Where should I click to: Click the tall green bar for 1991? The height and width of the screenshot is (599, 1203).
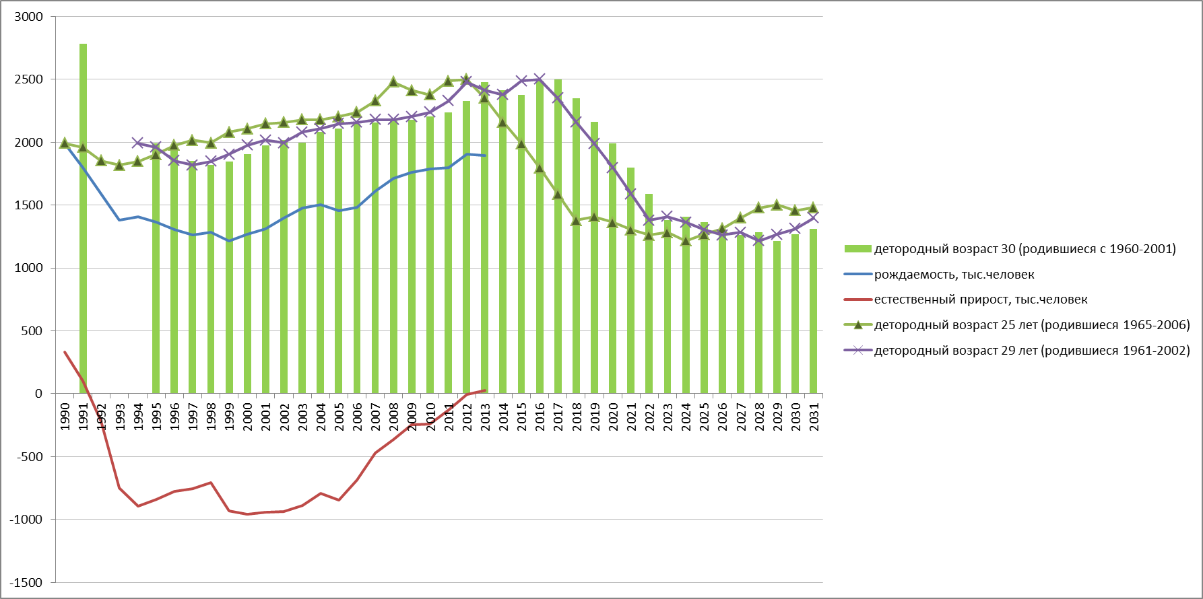[x=84, y=219]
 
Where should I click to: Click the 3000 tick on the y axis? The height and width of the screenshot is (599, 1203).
[x=29, y=17]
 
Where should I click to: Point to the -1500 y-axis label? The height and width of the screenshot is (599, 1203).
[x=26, y=583]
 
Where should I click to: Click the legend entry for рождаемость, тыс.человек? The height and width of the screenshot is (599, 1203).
[x=954, y=275]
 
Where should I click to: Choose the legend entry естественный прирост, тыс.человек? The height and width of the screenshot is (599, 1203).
[x=980, y=299]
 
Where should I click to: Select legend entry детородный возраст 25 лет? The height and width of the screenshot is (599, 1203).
[x=1031, y=325]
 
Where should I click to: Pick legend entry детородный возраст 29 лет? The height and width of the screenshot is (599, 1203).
[x=1031, y=351]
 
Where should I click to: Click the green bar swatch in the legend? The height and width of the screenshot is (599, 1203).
[x=857, y=249]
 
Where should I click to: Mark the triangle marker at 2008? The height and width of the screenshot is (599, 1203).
[x=393, y=82]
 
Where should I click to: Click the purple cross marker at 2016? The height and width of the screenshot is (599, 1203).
[x=540, y=79]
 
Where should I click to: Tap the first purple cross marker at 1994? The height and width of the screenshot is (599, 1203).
[x=138, y=143]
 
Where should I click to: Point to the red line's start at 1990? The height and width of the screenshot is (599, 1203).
[x=65, y=351]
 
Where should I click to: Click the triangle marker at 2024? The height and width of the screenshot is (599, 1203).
[x=686, y=240]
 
